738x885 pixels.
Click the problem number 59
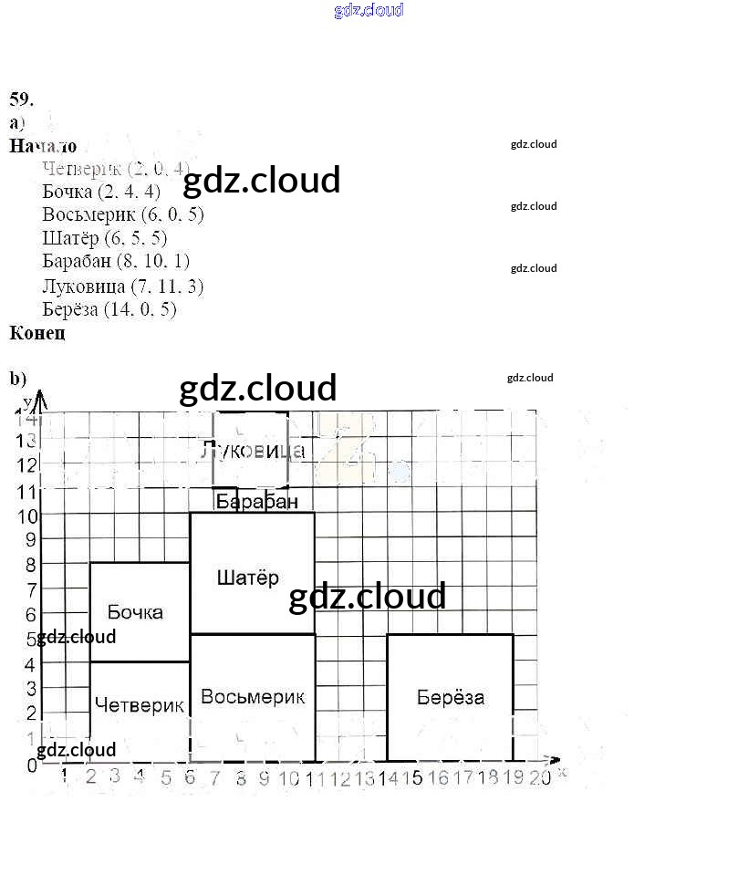(22, 99)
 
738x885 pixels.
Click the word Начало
(43, 146)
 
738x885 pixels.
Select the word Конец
(37, 333)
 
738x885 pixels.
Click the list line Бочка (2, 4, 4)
(101, 192)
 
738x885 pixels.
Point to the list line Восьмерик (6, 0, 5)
(122, 215)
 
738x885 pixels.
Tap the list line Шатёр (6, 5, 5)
(105, 238)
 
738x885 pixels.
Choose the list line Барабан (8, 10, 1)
(116, 262)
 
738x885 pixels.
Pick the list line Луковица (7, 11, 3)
(122, 286)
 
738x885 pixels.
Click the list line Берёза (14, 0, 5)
(109, 309)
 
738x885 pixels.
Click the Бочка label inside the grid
(135, 611)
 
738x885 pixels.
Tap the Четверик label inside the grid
(139, 705)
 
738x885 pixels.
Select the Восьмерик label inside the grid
(252, 697)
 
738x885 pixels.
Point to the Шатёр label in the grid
(248, 578)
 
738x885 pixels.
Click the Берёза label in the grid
(450, 698)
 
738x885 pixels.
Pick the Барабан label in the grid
(256, 502)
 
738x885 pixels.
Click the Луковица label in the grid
(252, 451)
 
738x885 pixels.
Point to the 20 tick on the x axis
(540, 778)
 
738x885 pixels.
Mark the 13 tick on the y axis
(26, 441)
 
